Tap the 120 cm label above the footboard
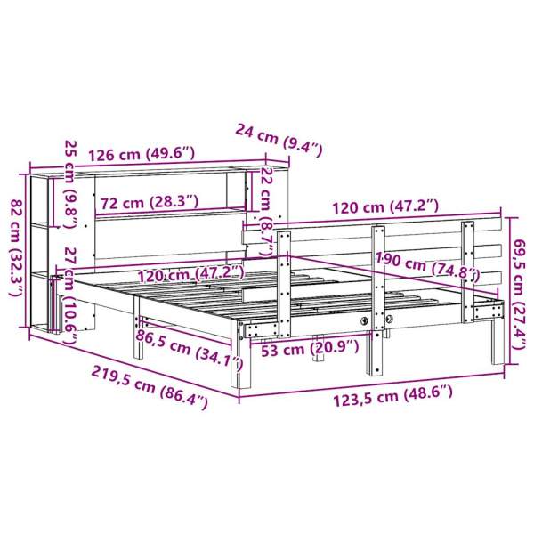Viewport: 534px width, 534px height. tap(384, 206)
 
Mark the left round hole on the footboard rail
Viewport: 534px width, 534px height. tap(364, 318)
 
